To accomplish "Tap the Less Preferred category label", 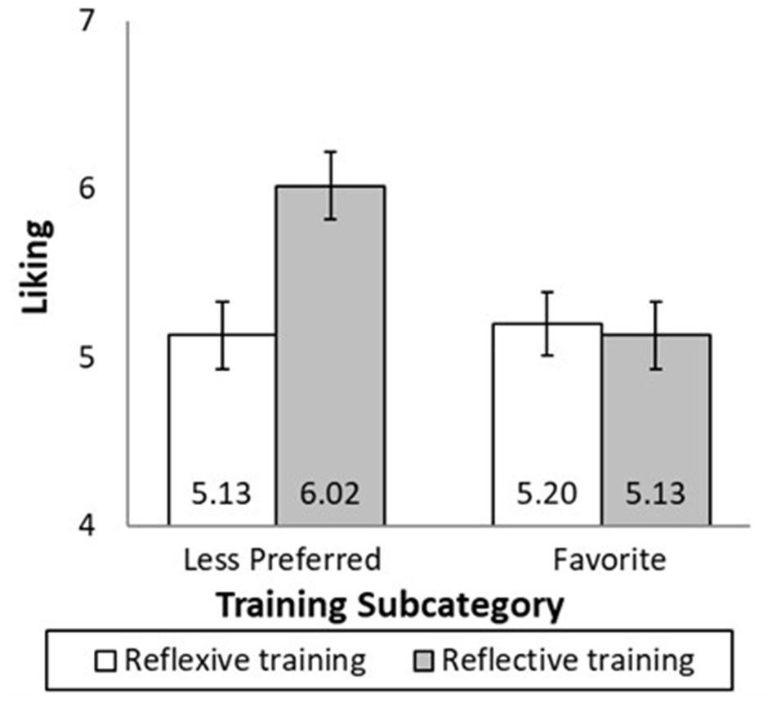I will pyautogui.click(x=282, y=560).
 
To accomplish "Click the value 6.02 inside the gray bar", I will pyautogui.click(x=330, y=495).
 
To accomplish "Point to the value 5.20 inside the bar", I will pyautogui.click(x=548, y=495).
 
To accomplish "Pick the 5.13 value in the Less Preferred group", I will pyautogui.click(x=222, y=495).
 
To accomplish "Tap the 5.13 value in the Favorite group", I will pyautogui.click(x=656, y=495).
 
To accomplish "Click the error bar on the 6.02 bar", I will pyautogui.click(x=330, y=186).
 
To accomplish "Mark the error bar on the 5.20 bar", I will pyautogui.click(x=548, y=323).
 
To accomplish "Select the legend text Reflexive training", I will pyautogui.click(x=244, y=660).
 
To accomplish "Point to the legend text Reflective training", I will pyautogui.click(x=569, y=660).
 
